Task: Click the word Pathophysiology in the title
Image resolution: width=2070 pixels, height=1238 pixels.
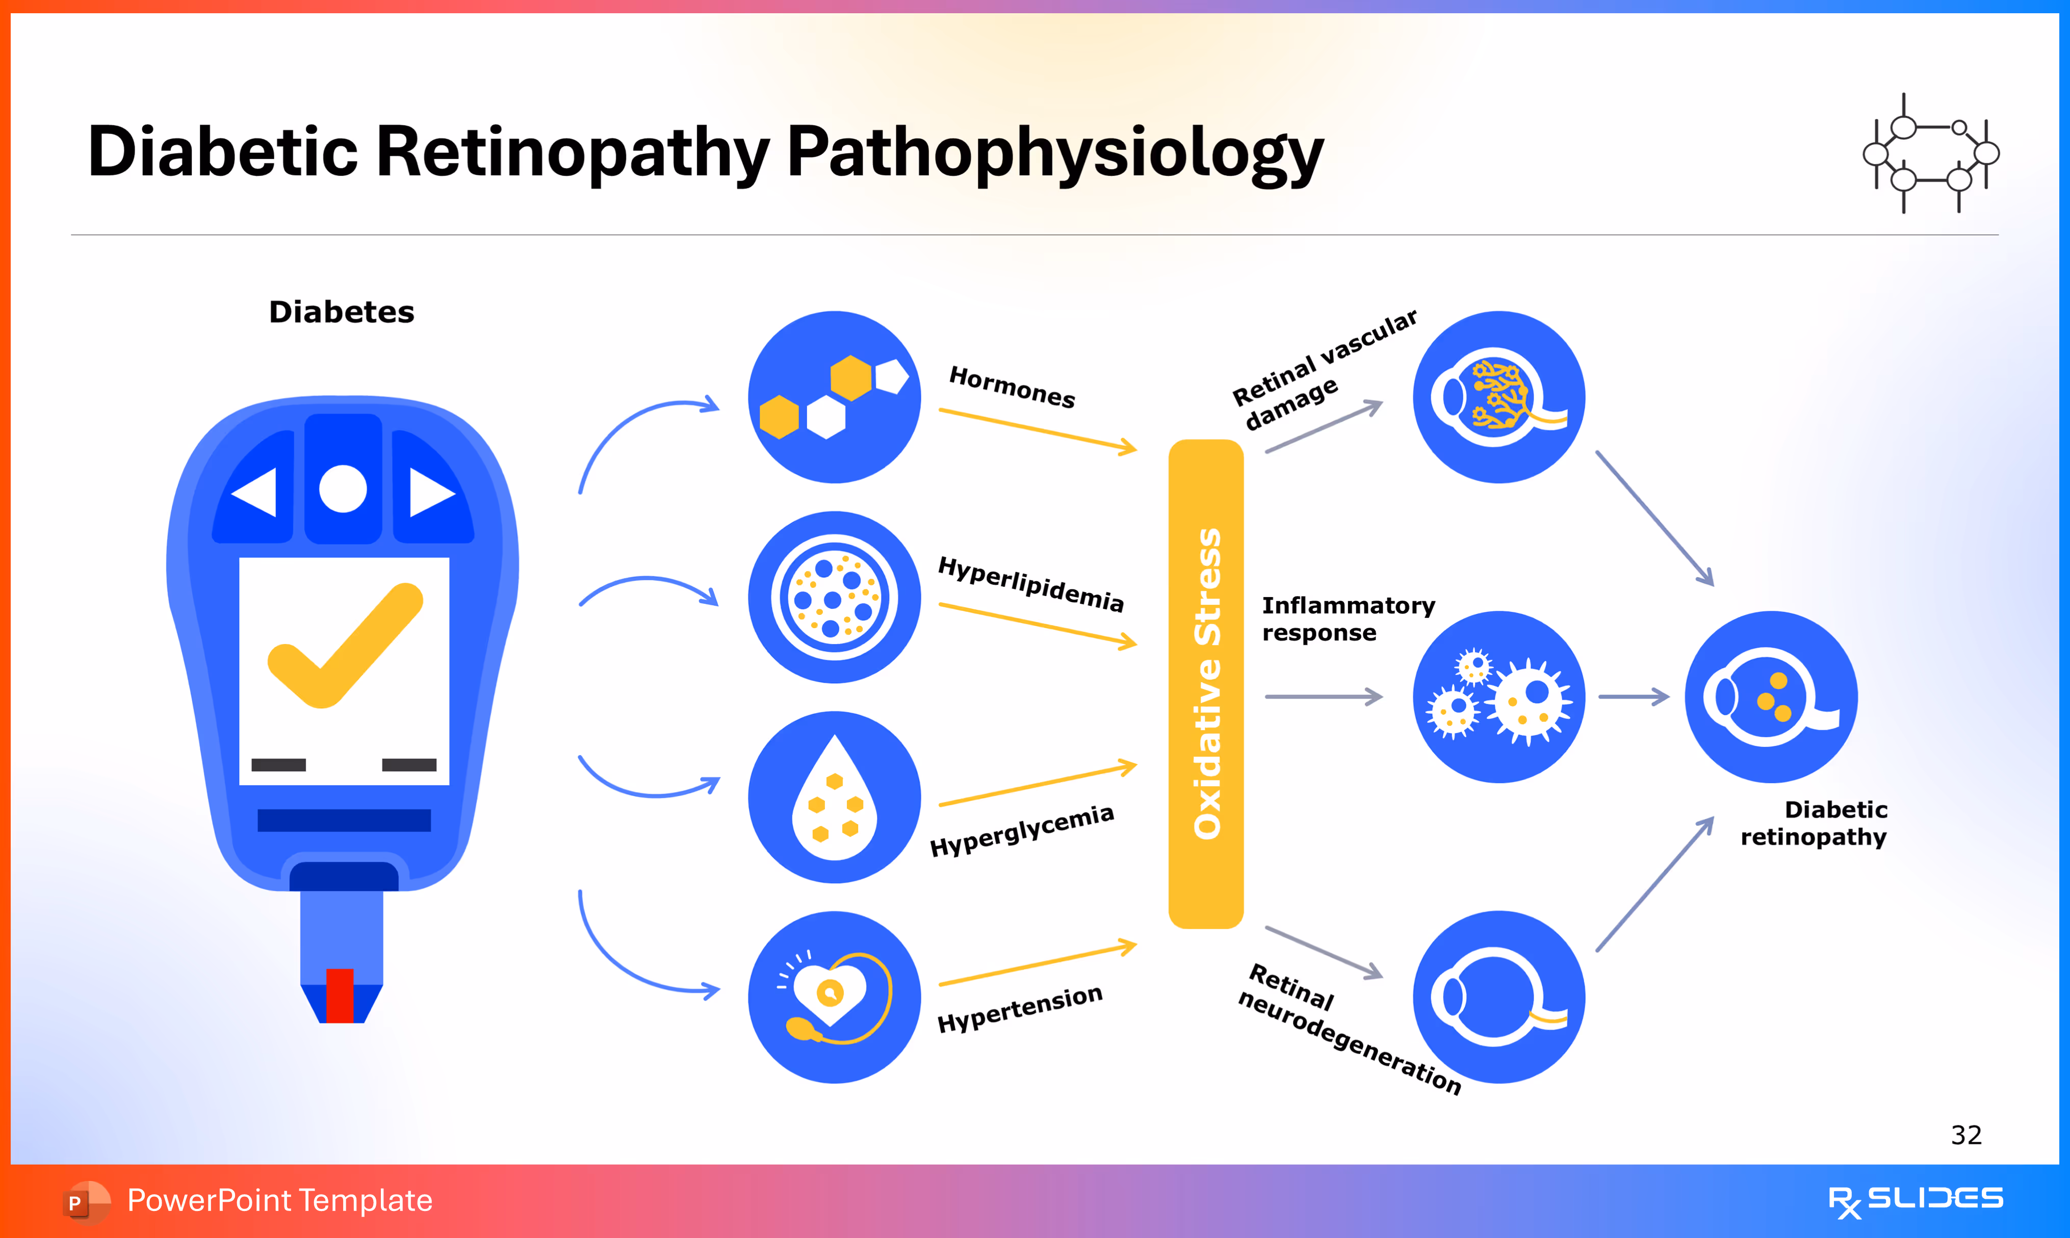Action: click(1054, 153)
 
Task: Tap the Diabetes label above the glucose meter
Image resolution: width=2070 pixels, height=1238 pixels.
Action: click(342, 312)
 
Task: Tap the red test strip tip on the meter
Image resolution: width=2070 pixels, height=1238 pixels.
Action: click(340, 994)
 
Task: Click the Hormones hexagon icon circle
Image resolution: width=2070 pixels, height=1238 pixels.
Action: click(834, 397)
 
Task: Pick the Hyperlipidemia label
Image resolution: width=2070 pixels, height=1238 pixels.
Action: click(1031, 584)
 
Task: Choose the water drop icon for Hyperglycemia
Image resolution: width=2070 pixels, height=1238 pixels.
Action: click(834, 797)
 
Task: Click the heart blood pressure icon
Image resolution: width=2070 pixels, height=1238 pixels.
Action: click(834, 998)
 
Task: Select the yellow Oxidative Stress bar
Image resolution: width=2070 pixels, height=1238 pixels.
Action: click(1205, 684)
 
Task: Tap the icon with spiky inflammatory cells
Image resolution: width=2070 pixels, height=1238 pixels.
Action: click(1499, 697)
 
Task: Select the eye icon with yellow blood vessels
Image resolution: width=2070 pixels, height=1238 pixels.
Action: click(1499, 397)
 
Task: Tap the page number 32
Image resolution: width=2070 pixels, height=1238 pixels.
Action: click(1965, 1135)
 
